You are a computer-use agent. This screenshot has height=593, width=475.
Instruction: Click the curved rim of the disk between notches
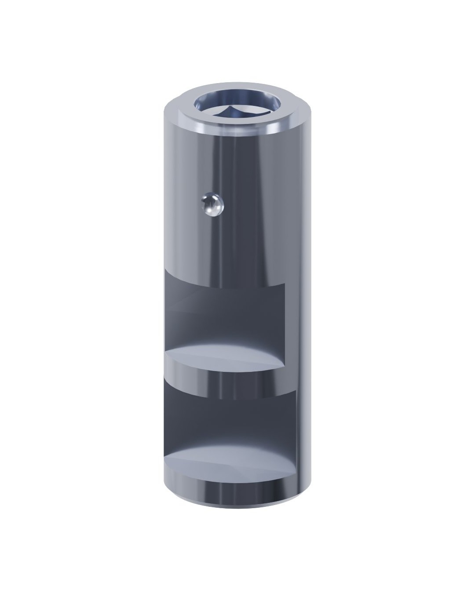tap(224, 374)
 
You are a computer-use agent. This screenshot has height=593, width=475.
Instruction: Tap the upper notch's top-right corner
tap(285, 284)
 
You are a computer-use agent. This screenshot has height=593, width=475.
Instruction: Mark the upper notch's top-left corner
tap(164, 270)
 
